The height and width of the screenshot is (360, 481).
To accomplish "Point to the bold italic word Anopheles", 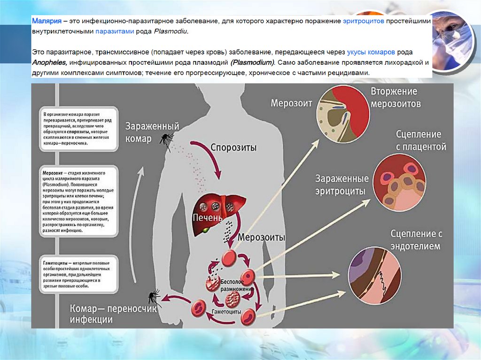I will pyautogui.click(x=48, y=62).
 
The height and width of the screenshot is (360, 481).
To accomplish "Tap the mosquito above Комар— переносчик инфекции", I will pyautogui.click(x=154, y=298).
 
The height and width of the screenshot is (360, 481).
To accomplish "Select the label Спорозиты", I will pyautogui.click(x=233, y=148).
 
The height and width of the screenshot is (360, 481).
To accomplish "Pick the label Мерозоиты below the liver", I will pyautogui.click(x=261, y=237).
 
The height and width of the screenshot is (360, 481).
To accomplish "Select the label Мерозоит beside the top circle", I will pyautogui.click(x=291, y=103).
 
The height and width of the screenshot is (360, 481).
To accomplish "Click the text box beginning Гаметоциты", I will pyautogui.click(x=76, y=273).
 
